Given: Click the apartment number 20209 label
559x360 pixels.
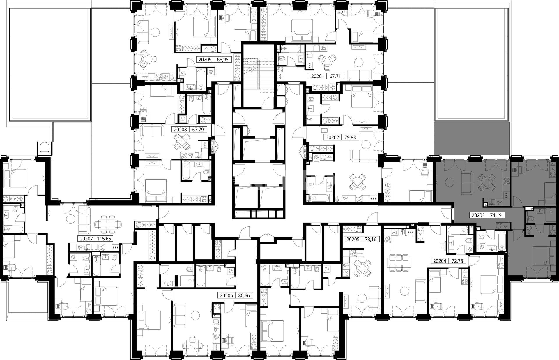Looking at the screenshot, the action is click(x=205, y=60).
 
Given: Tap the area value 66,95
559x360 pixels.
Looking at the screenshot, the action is click(x=223, y=60).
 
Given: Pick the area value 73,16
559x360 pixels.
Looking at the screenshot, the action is click(x=370, y=240).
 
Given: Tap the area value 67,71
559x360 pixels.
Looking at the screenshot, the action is click(x=335, y=77).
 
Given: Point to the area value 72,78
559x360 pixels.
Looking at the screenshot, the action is click(x=457, y=261).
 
